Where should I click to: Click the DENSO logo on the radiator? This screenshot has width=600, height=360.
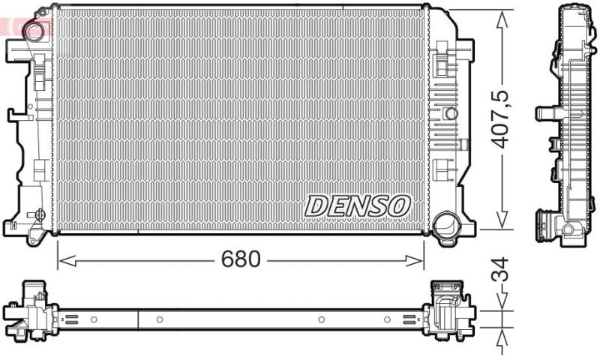click(358, 204)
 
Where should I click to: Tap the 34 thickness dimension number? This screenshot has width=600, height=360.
click(500, 269)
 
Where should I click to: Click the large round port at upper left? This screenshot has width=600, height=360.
click(33, 31)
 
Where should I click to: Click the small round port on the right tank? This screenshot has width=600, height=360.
click(450, 114)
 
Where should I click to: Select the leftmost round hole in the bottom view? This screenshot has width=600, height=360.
click(94, 319)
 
